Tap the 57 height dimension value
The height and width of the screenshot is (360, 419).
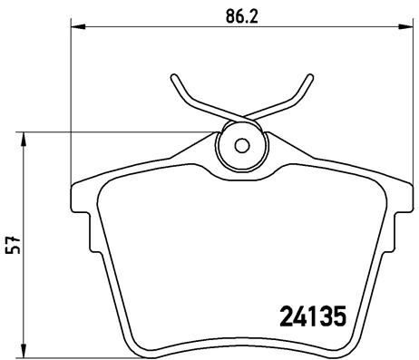12,246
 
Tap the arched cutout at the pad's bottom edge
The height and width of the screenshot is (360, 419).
241,336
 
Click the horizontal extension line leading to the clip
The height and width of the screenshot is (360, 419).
118,132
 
